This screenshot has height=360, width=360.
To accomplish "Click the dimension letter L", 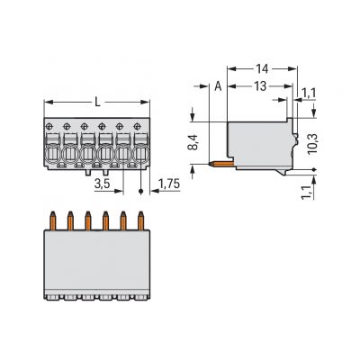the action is (97, 103).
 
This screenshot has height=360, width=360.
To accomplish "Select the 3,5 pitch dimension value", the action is (102, 184).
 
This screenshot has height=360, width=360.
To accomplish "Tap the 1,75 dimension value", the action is (169, 184).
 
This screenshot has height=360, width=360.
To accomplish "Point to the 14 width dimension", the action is (262, 69).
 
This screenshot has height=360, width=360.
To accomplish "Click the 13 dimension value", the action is (260, 86).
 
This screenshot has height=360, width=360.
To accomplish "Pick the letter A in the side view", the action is (218, 86).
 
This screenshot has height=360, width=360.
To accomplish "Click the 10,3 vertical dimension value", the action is (312, 144).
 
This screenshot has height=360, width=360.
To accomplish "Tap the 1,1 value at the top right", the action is (309, 94).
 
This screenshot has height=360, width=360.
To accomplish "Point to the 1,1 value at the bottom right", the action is (307, 192).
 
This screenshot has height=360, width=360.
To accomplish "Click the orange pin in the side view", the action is (221, 164).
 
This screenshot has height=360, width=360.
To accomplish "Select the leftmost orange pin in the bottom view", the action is (53, 220).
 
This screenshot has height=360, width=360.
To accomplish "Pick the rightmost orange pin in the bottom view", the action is (140, 220).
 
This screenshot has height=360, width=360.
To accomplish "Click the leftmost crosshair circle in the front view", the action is (49, 126).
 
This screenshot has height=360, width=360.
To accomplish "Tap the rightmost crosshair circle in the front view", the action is (137, 126).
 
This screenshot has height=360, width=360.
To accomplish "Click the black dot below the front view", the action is (141, 192).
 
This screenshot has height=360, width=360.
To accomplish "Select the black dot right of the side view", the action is (314, 170).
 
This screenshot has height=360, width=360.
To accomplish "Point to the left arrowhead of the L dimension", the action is (49, 103).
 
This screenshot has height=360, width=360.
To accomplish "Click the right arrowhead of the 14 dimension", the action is (292, 69).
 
